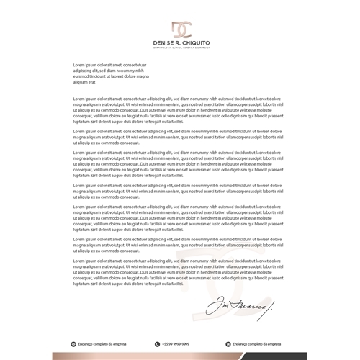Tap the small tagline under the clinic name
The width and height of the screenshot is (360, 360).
180,49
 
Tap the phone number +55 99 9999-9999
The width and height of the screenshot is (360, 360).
176,344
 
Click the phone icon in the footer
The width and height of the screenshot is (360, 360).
157,344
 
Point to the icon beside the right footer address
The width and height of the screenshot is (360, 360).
229,344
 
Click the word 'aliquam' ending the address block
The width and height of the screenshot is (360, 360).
81,82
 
